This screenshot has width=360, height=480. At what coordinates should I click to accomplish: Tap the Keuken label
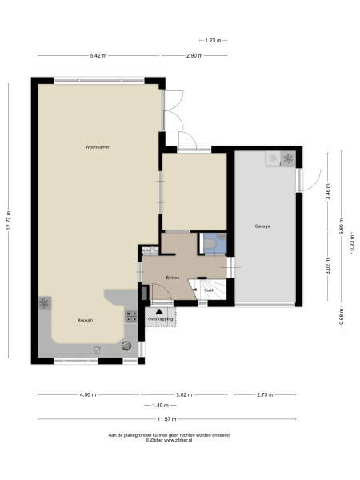[85, 320]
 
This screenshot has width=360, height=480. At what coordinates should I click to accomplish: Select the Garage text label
[262, 226]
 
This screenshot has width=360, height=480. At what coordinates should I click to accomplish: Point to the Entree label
[172, 278]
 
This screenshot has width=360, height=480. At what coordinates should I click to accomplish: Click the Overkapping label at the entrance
[161, 319]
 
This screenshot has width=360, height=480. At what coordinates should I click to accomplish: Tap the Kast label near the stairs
[208, 290]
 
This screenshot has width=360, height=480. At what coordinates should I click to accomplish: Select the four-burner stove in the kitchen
[45, 304]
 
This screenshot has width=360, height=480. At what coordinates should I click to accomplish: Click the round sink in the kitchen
[126, 345]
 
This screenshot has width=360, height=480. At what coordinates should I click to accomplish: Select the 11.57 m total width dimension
[166, 419]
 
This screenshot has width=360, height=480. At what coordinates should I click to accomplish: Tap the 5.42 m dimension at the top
[97, 56]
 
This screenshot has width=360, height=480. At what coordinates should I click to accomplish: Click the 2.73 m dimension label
[264, 394]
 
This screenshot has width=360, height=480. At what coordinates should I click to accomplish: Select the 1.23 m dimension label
[212, 40]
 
